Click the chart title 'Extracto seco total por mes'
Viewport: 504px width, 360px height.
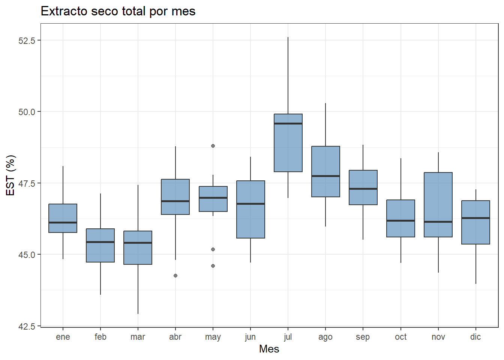click(118, 11)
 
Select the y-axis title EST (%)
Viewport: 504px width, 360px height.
click(10, 175)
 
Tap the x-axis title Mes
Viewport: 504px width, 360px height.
click(269, 349)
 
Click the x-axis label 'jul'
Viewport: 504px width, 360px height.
click(288, 337)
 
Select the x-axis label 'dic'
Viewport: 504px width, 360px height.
click(475, 337)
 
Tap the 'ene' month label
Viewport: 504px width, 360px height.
click(63, 337)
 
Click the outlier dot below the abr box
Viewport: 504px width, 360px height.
click(175, 276)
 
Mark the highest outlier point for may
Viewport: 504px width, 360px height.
click(213, 146)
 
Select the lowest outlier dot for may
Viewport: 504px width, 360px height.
click(213, 266)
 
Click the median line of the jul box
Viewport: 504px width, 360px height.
click(288, 123)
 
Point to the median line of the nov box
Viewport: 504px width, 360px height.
click(438, 222)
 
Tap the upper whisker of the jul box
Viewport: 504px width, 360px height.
click(288, 75)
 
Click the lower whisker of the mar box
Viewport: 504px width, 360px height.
click(138, 289)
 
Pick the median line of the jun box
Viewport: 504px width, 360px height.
click(250, 204)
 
